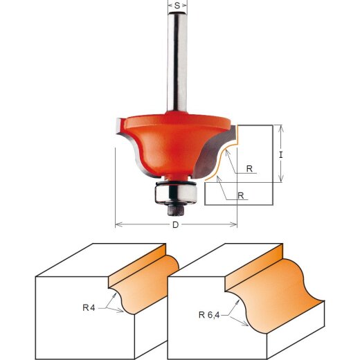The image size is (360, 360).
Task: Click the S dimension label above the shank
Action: point(177,6)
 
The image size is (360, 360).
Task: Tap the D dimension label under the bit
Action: point(176,224)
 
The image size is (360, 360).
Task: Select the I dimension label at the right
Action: point(280,155)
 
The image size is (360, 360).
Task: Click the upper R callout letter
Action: point(249,169)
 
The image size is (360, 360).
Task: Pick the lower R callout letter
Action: point(241,196)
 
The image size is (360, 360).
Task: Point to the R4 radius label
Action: point(89,307)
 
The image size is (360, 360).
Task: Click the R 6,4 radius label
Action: point(209,315)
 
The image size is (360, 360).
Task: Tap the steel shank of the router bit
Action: point(177,62)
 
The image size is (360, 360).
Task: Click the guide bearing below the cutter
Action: point(176,194)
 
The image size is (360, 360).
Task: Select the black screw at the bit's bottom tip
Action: point(176,210)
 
